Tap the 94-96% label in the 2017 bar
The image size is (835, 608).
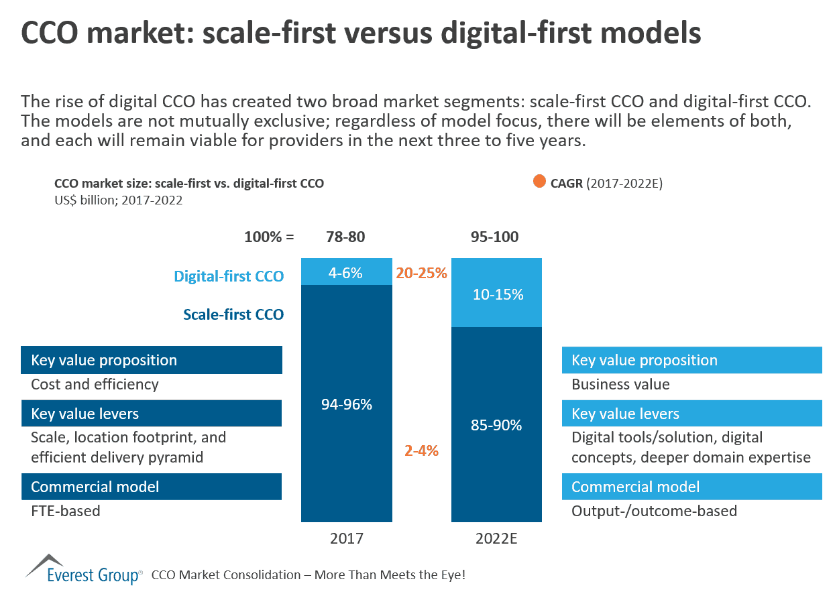click(x=346, y=404)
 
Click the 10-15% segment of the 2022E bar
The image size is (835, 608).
click(x=496, y=294)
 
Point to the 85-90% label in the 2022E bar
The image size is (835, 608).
click(x=496, y=425)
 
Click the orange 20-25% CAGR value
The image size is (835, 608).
click(x=422, y=273)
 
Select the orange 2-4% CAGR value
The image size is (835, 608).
click(x=421, y=450)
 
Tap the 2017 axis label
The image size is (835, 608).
click(x=346, y=538)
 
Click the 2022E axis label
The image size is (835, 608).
click(x=496, y=538)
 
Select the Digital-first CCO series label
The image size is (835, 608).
click(x=229, y=276)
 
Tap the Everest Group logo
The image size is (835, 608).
click(x=84, y=570)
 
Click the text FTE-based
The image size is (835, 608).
click(x=66, y=511)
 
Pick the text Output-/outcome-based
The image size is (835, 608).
click(x=654, y=511)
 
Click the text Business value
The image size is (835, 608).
click(x=620, y=385)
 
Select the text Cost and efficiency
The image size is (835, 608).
click(x=95, y=385)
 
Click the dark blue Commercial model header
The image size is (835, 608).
click(x=152, y=487)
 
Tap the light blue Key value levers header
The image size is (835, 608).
click(x=691, y=414)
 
